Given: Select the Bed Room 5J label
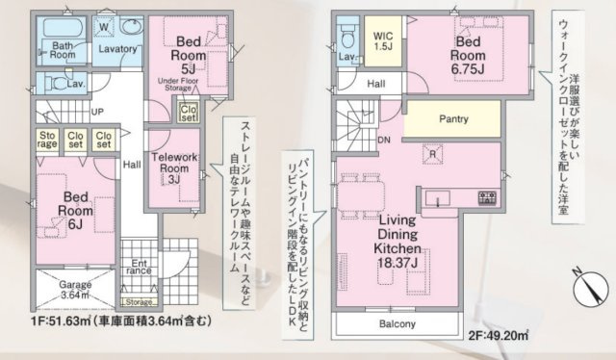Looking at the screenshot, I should click(x=188, y=54).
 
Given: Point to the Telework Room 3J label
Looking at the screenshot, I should click(x=174, y=167).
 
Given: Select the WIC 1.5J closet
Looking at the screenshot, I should click(x=382, y=40).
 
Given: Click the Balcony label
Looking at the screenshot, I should click(x=395, y=325).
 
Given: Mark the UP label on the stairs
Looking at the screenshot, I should click(x=97, y=111).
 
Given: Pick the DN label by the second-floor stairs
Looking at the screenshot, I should click(x=383, y=140).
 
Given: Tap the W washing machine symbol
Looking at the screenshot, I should click(x=103, y=27).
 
